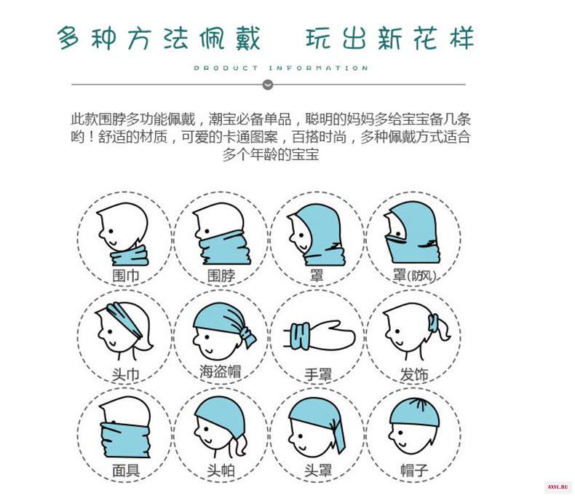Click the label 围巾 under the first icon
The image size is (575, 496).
coord(125,275)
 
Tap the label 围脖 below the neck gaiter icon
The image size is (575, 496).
coord(221,275)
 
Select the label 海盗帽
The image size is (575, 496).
coord(221,371)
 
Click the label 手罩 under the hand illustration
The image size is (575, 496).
coord(318,374)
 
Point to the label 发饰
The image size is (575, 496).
coord(414,374)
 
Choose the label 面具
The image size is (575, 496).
coord(125,471)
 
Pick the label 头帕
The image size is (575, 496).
coord(221,471)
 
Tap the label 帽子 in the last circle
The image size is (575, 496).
coord(414,471)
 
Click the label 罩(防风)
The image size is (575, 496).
coord(414,275)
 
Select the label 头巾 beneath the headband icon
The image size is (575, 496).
coord(125,374)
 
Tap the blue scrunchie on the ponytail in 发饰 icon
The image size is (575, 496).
coord(433,323)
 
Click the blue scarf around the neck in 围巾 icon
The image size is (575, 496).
coord(130,256)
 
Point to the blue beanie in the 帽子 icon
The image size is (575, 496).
coord(414,412)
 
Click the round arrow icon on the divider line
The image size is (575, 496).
coord(268,84)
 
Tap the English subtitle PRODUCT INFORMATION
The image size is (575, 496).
coord(281,68)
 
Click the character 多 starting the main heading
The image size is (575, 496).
coord(68,38)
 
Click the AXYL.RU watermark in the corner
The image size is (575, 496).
coord(558,487)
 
